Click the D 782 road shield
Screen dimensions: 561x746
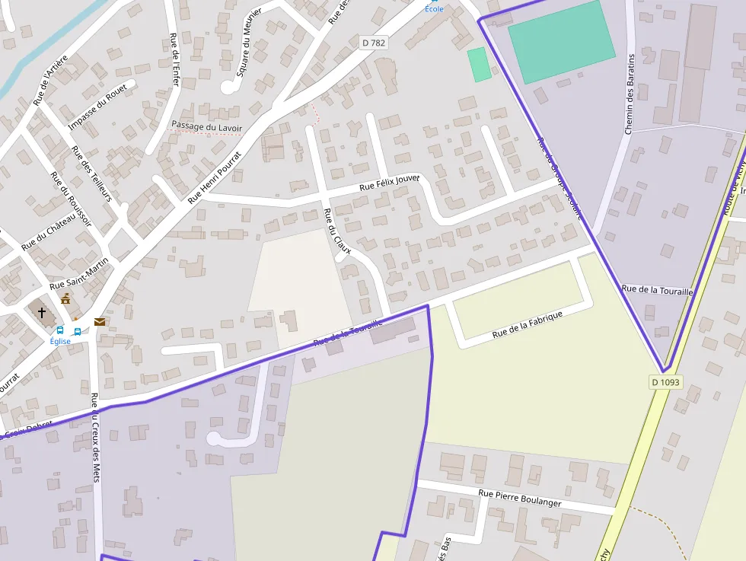[x=373, y=43]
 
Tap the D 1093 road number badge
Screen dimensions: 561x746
[x=665, y=381]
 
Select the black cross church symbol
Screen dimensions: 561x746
[x=42, y=312]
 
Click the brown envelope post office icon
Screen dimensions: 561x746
[x=100, y=322]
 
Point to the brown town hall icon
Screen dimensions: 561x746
[x=65, y=298]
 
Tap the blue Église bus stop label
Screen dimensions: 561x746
[x=60, y=341]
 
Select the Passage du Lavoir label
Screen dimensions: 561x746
[x=206, y=126]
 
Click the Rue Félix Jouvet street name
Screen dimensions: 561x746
[x=390, y=183]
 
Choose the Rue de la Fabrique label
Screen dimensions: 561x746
[x=527, y=324]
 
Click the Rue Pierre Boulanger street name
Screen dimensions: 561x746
[x=519, y=498]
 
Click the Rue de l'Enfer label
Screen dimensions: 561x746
[x=174, y=59]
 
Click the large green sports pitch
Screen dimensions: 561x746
[x=560, y=41]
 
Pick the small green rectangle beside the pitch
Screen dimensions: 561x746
[x=479, y=65]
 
